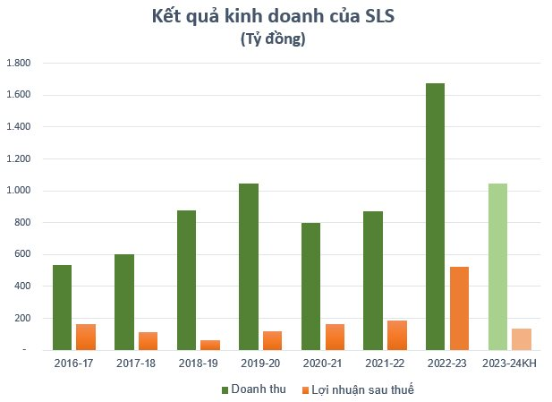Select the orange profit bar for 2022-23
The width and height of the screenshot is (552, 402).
click(459, 308)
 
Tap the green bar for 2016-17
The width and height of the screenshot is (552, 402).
click(62, 307)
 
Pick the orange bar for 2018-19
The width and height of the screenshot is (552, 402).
click(210, 345)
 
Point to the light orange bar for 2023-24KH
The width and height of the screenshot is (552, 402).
click(522, 338)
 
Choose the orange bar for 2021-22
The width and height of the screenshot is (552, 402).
click(397, 335)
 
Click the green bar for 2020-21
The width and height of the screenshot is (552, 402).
click(310, 287)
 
